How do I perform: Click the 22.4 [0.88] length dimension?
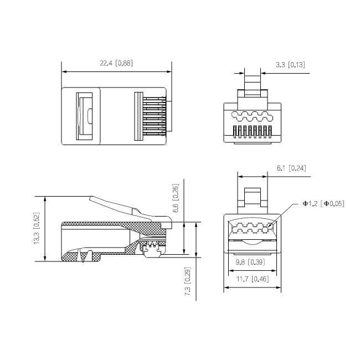click(116, 64)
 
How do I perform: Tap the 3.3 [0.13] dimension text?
click(290, 65)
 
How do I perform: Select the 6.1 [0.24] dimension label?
click(291, 168)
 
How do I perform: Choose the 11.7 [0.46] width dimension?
click(252, 279)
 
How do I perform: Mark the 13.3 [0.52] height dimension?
click(37, 229)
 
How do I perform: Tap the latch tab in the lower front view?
click(253, 197)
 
